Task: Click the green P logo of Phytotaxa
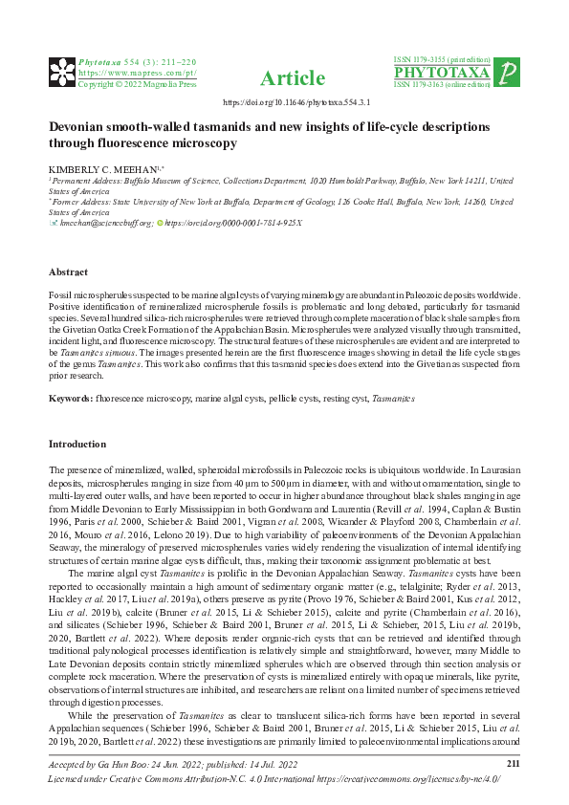point(510,72)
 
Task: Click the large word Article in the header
point(285,76)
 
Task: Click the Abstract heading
point(69,272)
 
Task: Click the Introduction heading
point(78,444)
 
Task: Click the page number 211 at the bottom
point(512,762)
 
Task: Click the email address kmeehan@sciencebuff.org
point(105,223)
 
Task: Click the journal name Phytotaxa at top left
point(98,59)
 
